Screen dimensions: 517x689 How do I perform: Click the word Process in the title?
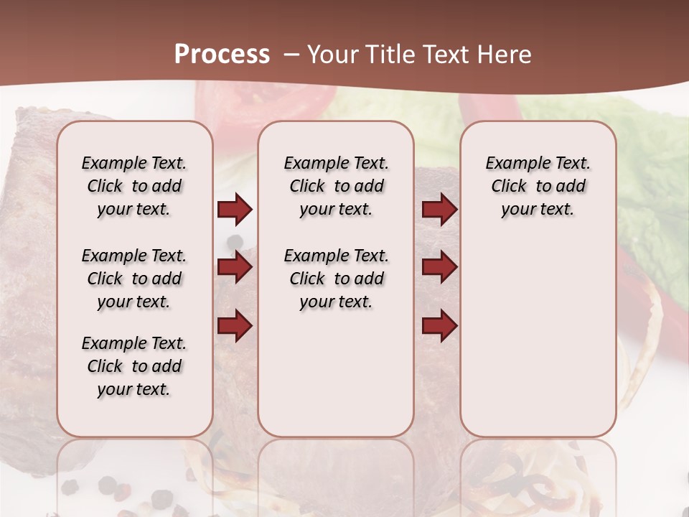tap(222, 55)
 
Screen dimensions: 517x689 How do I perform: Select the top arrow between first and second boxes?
tap(235, 210)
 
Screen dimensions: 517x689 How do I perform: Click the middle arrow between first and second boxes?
tap(235, 268)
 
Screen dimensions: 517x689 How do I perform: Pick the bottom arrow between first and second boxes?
tap(235, 326)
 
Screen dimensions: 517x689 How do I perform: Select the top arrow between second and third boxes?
tap(439, 210)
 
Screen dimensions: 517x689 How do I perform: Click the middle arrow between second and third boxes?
tap(439, 268)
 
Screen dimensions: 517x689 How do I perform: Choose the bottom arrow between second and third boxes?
tap(439, 326)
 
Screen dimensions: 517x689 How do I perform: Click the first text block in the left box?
tap(134, 186)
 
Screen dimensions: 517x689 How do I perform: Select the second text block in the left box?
tap(134, 279)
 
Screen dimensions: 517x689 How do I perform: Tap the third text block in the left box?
tap(134, 366)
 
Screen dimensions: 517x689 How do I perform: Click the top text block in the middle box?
tap(336, 186)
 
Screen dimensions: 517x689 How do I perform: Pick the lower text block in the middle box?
tap(336, 279)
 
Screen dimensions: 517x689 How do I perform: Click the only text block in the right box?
tap(538, 186)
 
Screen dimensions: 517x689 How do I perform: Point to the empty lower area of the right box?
tap(538, 337)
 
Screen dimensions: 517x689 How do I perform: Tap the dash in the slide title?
tap(291, 55)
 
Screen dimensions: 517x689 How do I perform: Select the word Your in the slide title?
tap(333, 55)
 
